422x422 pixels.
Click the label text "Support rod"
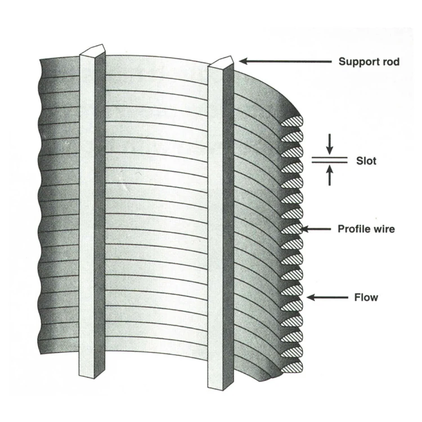pos(369,61)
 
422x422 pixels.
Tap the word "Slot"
pos(366,161)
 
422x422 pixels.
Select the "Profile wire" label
pos(366,229)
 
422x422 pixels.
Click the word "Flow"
pos(366,297)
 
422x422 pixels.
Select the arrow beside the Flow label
pos(326,297)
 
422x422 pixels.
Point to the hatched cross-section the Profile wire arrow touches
pos(292,228)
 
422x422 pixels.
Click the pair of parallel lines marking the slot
pos(330,160)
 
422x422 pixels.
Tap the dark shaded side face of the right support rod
pos(228,225)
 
